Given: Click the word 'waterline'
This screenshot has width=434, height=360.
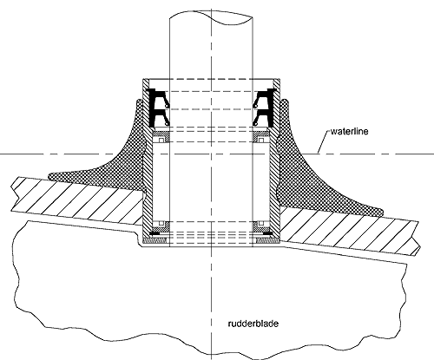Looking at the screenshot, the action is tap(349, 132).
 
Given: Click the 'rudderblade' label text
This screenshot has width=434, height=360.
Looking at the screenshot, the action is tap(253, 323).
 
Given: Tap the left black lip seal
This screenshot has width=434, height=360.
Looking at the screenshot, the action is tap(157, 108).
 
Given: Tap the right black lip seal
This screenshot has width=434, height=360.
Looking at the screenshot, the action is tap(264, 108).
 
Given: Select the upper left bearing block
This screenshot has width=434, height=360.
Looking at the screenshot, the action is tap(161, 137).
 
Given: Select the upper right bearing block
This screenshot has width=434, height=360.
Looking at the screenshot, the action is tap(261, 137).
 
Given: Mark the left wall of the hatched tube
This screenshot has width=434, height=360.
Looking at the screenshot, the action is tap(148, 162).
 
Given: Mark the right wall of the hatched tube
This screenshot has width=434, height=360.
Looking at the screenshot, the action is tap(274, 162).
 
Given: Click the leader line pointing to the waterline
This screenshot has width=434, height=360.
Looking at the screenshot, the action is tap(324, 142).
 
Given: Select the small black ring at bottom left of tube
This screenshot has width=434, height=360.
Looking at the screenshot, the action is tap(154, 233).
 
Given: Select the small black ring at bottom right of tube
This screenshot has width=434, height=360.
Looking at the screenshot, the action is tap(267, 233).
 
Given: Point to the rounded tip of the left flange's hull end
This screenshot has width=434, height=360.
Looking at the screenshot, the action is tap(49, 176).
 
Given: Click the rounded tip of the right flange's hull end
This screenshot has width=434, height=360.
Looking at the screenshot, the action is tap(382, 212).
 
